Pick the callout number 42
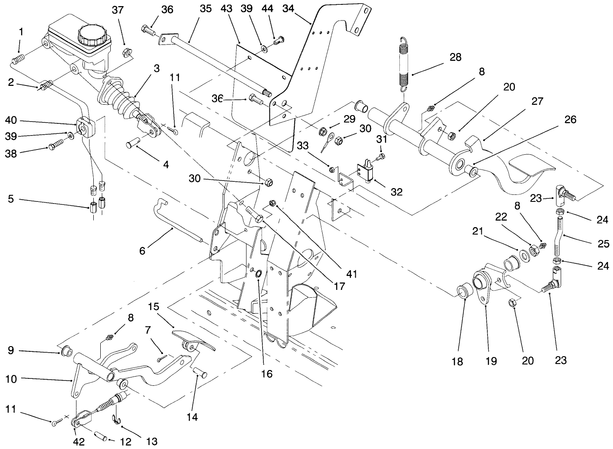[79, 441]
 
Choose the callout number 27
[537, 101]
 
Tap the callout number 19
[490, 361]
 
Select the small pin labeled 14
[200, 372]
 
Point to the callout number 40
[11, 120]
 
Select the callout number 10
[11, 379]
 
